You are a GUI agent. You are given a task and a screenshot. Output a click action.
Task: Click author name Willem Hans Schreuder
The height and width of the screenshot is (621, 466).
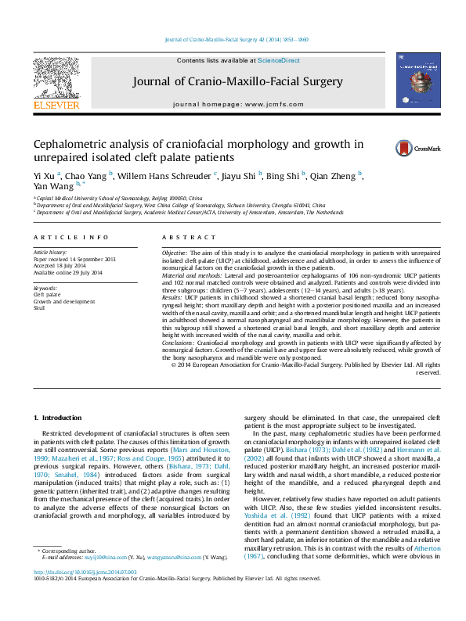tap(161, 174)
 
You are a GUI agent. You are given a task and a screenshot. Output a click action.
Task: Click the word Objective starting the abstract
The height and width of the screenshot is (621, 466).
tap(174, 254)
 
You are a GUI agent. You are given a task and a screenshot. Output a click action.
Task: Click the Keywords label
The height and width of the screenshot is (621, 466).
tap(45, 288)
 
